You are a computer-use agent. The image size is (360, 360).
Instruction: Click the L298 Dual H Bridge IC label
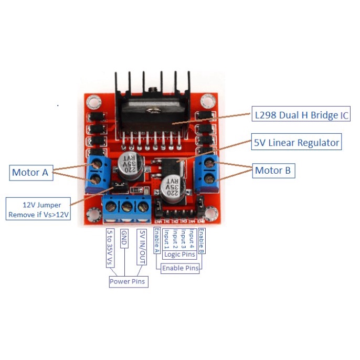click(x=301, y=114)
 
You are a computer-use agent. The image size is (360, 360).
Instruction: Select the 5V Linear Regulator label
click(x=297, y=142)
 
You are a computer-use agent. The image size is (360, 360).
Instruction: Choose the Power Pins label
click(x=128, y=282)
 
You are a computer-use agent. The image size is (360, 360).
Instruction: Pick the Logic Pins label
click(x=179, y=255)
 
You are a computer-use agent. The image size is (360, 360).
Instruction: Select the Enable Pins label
click(x=180, y=268)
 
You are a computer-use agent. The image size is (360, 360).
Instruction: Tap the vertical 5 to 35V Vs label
click(x=110, y=247)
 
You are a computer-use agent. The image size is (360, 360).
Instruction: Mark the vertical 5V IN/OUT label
click(x=140, y=245)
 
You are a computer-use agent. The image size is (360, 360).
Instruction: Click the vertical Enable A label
click(x=156, y=241)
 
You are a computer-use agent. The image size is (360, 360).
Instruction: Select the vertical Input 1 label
click(x=166, y=239)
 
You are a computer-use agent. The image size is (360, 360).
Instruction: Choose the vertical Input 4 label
click(x=193, y=239)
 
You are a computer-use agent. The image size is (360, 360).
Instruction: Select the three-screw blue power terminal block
click(x=126, y=208)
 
